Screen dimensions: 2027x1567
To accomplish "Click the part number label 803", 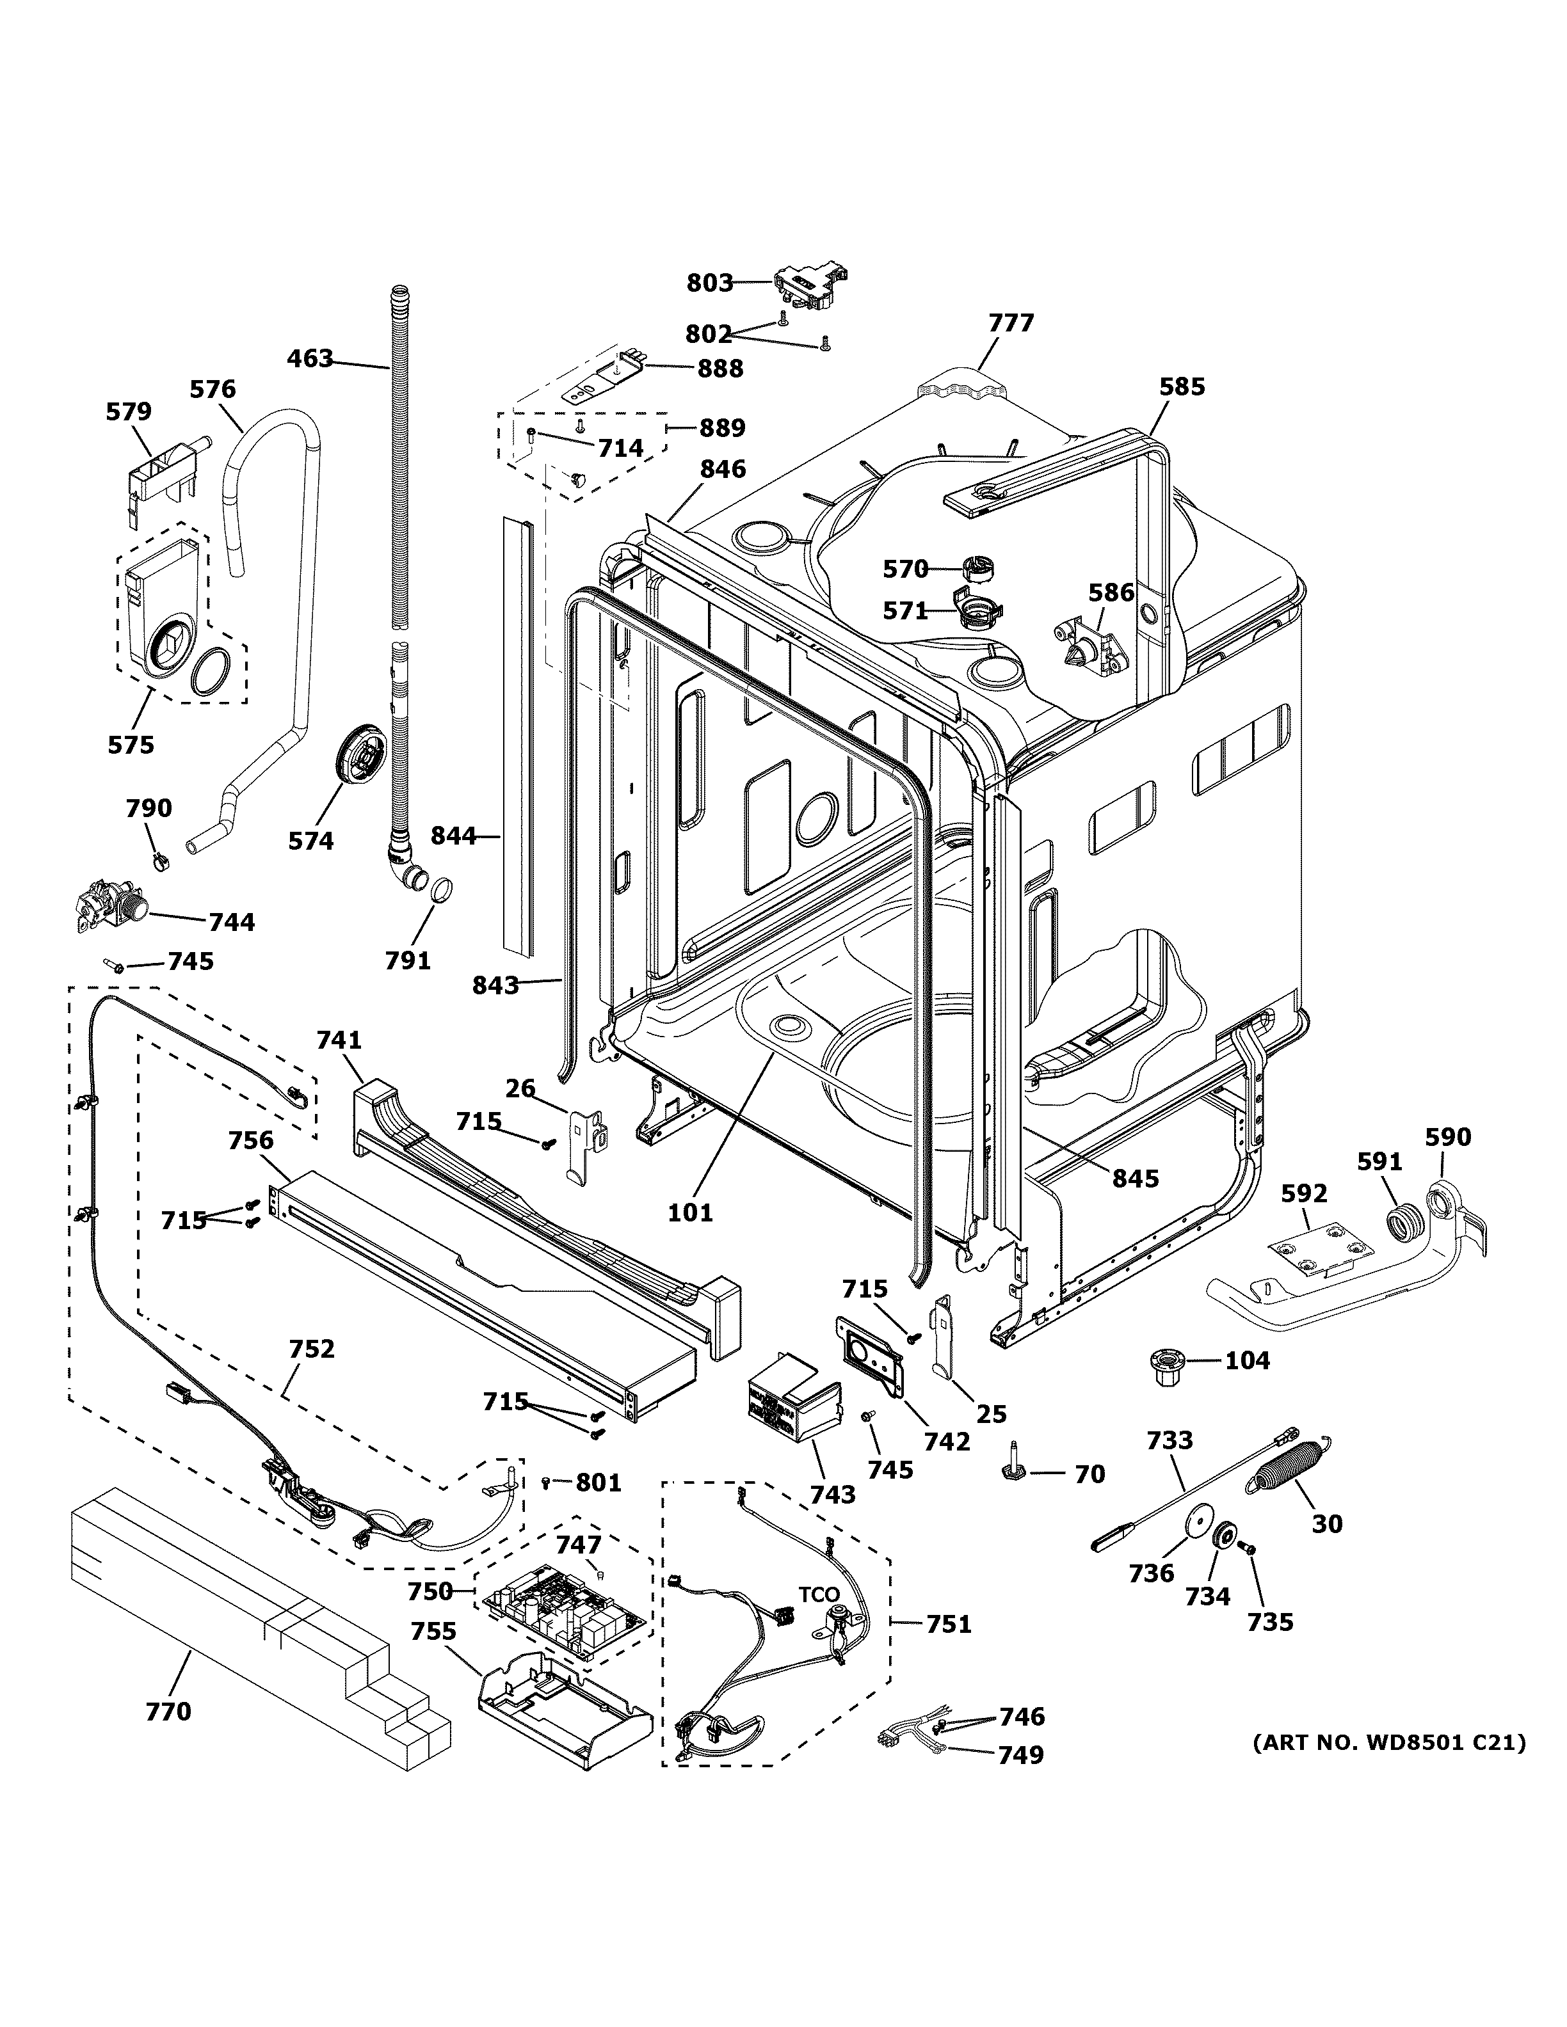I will pyautogui.click(x=709, y=282).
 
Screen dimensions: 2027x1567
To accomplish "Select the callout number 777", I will pyautogui.click(x=1011, y=323).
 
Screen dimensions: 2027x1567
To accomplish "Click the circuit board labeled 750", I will pyautogui.click(x=561, y=1612).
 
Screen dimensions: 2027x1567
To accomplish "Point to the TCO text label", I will pyautogui.click(x=819, y=1594).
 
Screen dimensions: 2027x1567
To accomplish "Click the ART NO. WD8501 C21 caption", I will pyautogui.click(x=1389, y=1743).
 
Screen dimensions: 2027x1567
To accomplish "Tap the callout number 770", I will pyautogui.click(x=168, y=1710).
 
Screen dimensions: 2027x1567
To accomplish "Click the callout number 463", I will pyautogui.click(x=310, y=358).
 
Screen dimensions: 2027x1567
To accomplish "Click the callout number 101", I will pyautogui.click(x=691, y=1212).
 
